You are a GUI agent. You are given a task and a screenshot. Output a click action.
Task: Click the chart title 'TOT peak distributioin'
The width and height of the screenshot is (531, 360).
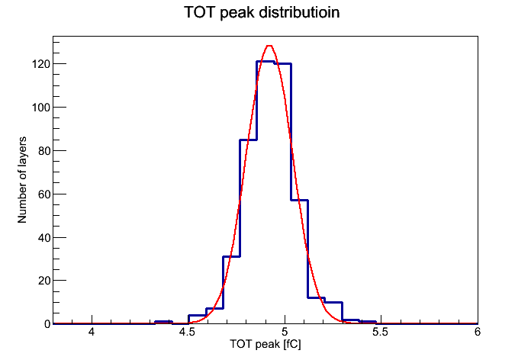tap(262, 12)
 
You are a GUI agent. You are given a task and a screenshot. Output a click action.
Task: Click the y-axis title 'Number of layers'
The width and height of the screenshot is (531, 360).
tap(22, 180)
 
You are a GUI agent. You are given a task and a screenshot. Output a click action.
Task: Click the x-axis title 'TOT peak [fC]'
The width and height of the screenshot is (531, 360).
tap(265, 344)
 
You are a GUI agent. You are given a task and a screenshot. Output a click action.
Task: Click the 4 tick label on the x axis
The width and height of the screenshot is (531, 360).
tap(92, 332)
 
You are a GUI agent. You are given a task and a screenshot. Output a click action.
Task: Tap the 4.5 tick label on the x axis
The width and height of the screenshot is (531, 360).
tap(188, 332)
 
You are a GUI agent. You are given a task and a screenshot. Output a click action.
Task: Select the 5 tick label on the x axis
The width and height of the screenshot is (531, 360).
tap(285, 332)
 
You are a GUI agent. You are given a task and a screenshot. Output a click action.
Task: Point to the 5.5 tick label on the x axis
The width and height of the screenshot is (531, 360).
tap(381, 332)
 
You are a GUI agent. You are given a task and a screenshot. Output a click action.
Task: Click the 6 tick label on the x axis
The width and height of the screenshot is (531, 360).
tap(477, 332)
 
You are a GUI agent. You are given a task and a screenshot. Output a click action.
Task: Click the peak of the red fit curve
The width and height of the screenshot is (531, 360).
tap(269, 45)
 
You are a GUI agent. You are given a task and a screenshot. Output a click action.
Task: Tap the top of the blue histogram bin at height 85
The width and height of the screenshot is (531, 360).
tap(248, 140)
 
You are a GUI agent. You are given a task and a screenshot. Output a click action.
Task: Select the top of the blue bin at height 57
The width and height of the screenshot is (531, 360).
tap(299, 200)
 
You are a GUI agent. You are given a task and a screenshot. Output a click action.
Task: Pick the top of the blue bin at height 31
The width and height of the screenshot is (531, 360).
tap(231, 256)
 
